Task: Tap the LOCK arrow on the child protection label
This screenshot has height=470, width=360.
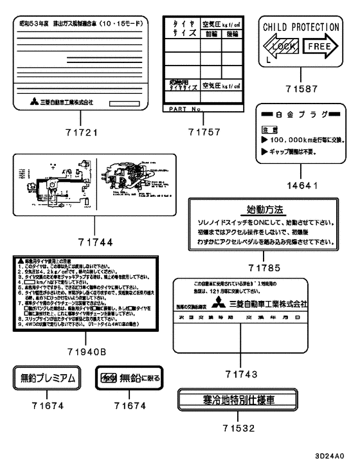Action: (x=279, y=47)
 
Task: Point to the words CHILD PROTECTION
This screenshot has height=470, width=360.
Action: (x=299, y=27)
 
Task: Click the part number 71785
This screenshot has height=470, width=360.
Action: (x=265, y=267)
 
